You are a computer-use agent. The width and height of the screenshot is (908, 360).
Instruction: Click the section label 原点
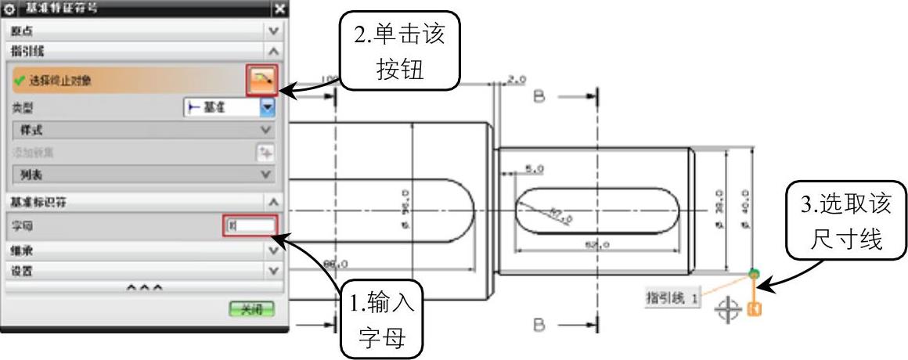coord(22,31)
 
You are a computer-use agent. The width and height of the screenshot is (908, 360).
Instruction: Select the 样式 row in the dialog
coord(31,130)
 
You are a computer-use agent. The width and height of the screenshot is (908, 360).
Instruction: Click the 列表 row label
coord(31,175)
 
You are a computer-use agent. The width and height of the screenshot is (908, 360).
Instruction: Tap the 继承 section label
coord(22,251)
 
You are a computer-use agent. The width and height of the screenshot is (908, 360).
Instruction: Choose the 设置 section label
coord(22,271)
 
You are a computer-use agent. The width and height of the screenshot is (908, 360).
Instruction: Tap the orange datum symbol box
coord(755,309)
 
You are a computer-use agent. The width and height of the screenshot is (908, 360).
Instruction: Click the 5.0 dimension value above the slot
coord(535,168)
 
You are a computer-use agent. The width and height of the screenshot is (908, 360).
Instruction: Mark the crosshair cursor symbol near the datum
coord(728,311)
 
